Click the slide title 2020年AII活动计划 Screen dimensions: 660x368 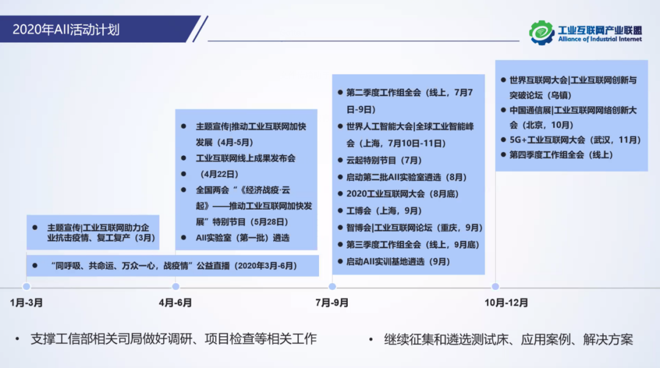(x=66, y=30)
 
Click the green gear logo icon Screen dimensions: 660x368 (x=541, y=32)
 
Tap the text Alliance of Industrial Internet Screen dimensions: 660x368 (x=600, y=39)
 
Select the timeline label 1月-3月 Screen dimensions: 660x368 (x=26, y=303)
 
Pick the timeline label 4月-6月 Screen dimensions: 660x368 (x=175, y=303)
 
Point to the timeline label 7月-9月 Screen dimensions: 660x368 (x=332, y=303)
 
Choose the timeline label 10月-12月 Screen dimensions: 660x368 (x=507, y=303)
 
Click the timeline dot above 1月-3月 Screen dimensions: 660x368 (x=26, y=287)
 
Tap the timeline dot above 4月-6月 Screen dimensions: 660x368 (x=176, y=287)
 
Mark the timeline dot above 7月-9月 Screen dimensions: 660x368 (x=332, y=287)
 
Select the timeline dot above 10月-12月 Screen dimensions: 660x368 (x=496, y=287)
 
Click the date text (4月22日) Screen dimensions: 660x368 (x=219, y=174)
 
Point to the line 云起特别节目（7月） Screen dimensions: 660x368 (x=384, y=160)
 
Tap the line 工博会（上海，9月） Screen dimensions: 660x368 (x=384, y=211)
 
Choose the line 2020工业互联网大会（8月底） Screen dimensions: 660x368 (x=402, y=194)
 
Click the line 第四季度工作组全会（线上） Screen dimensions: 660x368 (x=561, y=155)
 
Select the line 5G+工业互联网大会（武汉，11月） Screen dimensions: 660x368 (x=575, y=140)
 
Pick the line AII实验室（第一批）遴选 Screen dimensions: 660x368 (x=243, y=238)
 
